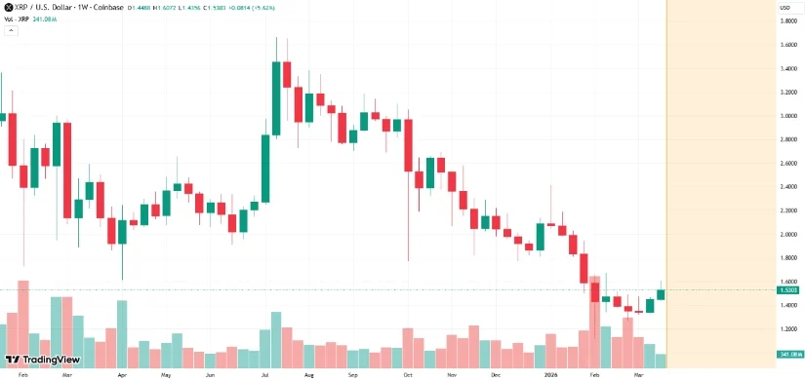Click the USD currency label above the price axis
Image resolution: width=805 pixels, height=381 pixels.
tap(784, 8)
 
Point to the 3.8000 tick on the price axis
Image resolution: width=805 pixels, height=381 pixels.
tap(789, 21)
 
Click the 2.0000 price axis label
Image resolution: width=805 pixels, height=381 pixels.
tap(789, 235)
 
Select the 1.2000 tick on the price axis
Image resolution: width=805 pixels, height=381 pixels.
tap(789, 329)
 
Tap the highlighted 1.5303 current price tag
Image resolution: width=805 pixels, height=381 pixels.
tap(789, 290)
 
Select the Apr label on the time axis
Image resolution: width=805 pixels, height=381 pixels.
tap(122, 374)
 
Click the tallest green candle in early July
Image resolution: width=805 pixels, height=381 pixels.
tap(276, 98)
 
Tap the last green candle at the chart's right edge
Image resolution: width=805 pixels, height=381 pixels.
tap(661, 294)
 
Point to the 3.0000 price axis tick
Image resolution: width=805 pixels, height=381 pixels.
tap(789, 116)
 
